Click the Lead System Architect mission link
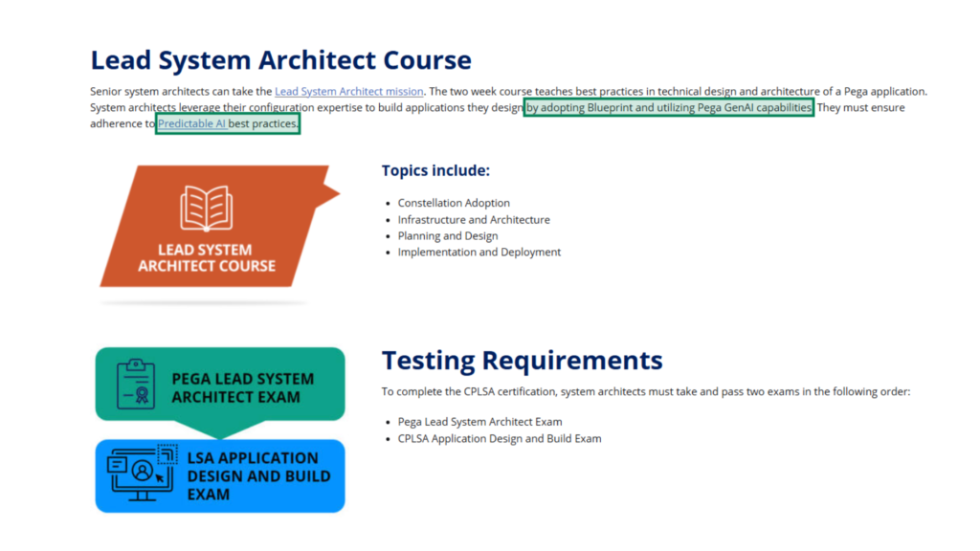pos(348,91)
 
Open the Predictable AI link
pos(191,123)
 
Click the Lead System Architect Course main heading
pos(280,60)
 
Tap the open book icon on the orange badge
pos(207,208)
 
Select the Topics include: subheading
pos(435,170)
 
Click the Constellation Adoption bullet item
pos(454,203)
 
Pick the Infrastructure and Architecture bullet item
pos(474,220)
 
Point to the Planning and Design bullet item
pos(448,236)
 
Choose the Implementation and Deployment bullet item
pos(479,253)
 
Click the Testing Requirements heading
pos(522,361)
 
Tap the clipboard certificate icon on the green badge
pos(136,385)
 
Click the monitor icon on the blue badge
pos(142,473)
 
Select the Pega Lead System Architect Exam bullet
pos(480,422)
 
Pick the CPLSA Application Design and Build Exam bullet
pos(500,438)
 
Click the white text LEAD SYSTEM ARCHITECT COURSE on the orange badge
pos(207,258)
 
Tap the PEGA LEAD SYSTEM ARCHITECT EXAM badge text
pos(242,388)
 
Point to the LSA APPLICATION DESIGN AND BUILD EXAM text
pos(258,476)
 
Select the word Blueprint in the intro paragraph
pos(610,107)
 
